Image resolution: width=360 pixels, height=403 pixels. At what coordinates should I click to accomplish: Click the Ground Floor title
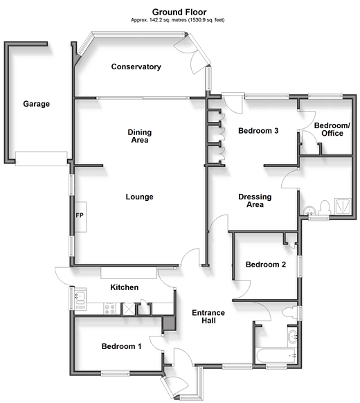[179, 12]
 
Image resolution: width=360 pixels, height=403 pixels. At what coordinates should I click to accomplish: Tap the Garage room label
[36, 104]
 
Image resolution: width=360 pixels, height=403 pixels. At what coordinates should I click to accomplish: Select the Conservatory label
[136, 67]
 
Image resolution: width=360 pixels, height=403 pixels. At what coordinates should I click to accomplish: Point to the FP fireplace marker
[80, 215]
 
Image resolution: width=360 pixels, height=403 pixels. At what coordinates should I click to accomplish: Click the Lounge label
[140, 197]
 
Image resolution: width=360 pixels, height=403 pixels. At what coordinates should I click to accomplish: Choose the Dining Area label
[140, 136]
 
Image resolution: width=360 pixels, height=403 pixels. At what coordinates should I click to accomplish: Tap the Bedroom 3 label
[258, 131]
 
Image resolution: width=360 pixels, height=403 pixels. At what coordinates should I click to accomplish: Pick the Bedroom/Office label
[332, 129]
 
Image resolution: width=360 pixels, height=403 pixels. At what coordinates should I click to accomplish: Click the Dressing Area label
[255, 201]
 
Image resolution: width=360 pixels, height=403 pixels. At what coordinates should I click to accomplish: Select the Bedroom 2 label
[266, 265]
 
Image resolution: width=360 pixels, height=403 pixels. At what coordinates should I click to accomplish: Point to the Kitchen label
[125, 287]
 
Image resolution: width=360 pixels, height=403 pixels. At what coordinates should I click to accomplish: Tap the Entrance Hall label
[208, 316]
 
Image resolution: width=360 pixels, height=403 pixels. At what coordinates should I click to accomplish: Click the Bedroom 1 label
[121, 346]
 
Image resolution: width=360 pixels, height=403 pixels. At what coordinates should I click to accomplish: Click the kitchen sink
[80, 298]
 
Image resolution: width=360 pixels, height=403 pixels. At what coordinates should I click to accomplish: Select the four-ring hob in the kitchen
[109, 309]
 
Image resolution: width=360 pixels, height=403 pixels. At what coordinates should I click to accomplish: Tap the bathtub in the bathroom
[276, 355]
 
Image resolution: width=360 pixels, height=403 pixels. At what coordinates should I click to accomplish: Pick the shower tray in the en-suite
[343, 206]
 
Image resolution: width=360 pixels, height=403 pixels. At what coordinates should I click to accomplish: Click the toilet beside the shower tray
[324, 208]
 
